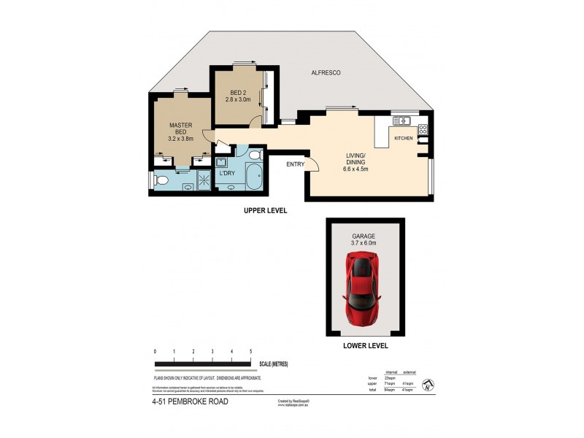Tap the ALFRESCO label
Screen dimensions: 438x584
tap(326, 73)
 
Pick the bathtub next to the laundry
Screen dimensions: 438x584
tap(254, 177)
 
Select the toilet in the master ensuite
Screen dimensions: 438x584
tap(163, 179)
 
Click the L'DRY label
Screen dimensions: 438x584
tap(227, 173)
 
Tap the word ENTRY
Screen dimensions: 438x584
tap(295, 164)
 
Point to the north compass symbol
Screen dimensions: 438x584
tap(429, 384)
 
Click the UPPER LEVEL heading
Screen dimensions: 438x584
tap(265, 210)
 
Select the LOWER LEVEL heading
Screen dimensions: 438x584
tap(365, 345)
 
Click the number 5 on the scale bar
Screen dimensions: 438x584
tap(250, 352)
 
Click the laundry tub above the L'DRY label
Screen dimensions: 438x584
tap(221, 161)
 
